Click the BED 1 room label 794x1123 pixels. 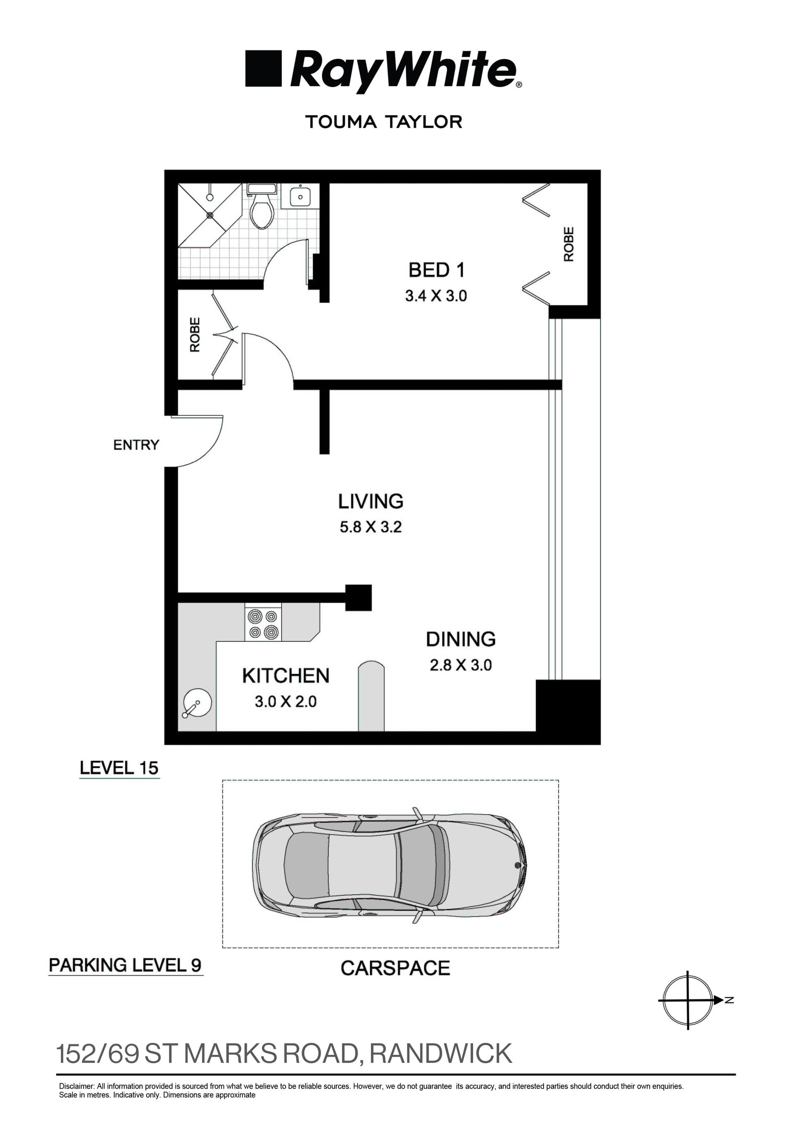tap(436, 270)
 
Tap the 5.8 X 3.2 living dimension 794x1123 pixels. tap(371, 527)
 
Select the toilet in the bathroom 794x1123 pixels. tap(262, 211)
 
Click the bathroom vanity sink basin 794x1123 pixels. tap(299, 197)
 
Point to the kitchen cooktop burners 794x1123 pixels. tap(263, 624)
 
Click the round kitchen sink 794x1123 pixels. tap(197, 704)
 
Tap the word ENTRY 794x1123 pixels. tap(136, 444)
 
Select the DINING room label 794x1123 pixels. tap(460, 639)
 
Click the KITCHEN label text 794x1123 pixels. tap(286, 676)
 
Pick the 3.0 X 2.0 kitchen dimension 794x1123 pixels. tap(286, 701)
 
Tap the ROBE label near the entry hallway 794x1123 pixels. tap(195, 335)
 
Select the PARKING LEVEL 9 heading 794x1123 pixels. tap(125, 965)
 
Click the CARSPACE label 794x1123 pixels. tap(395, 968)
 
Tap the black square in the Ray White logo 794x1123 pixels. tap(263, 69)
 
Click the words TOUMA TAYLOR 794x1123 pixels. tap(383, 122)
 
